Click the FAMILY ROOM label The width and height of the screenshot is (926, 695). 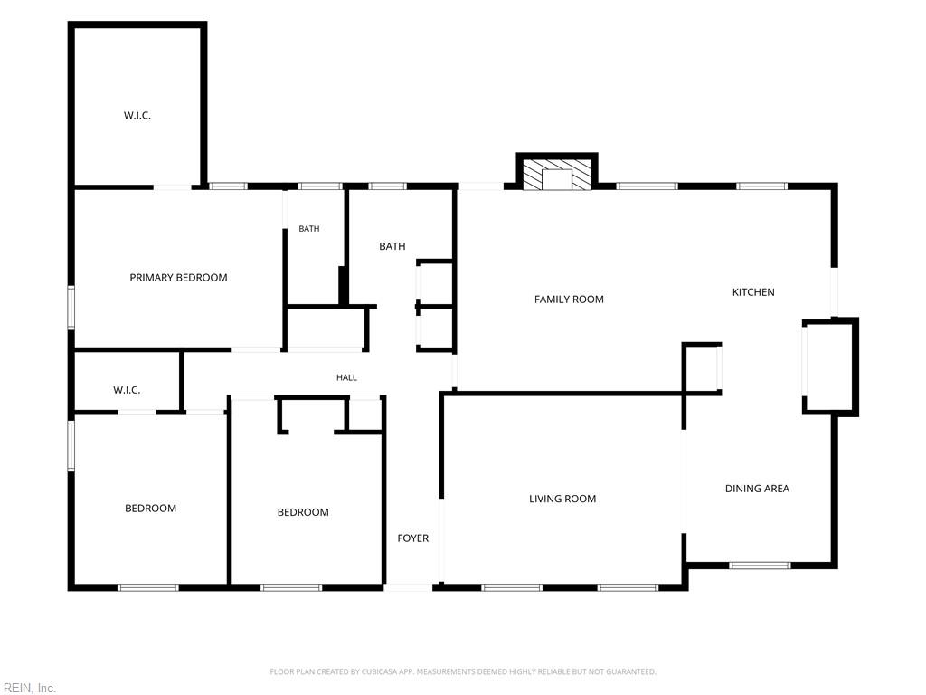point(569,300)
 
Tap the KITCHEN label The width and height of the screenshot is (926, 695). point(753,292)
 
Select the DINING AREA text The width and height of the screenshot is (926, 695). point(757,489)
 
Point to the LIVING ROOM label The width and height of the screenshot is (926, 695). point(562,499)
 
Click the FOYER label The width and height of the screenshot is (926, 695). point(412,538)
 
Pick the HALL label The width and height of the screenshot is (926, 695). point(346,377)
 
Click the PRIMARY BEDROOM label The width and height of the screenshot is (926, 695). point(178,278)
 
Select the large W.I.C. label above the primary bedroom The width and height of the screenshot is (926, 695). point(137,116)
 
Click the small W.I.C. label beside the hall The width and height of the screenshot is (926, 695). point(127,390)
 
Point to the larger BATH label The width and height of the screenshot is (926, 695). point(392,246)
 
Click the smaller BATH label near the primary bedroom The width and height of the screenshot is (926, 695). point(309,229)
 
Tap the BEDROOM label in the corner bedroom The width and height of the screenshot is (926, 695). point(151,509)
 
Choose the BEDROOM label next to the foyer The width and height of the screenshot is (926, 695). point(303,512)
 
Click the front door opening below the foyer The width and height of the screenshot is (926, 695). point(408,587)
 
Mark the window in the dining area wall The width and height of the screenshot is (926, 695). point(760,566)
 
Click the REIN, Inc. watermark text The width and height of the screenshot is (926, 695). point(28,688)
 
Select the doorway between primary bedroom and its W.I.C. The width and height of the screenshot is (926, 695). point(173,187)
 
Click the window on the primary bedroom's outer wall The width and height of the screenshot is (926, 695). point(71,308)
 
